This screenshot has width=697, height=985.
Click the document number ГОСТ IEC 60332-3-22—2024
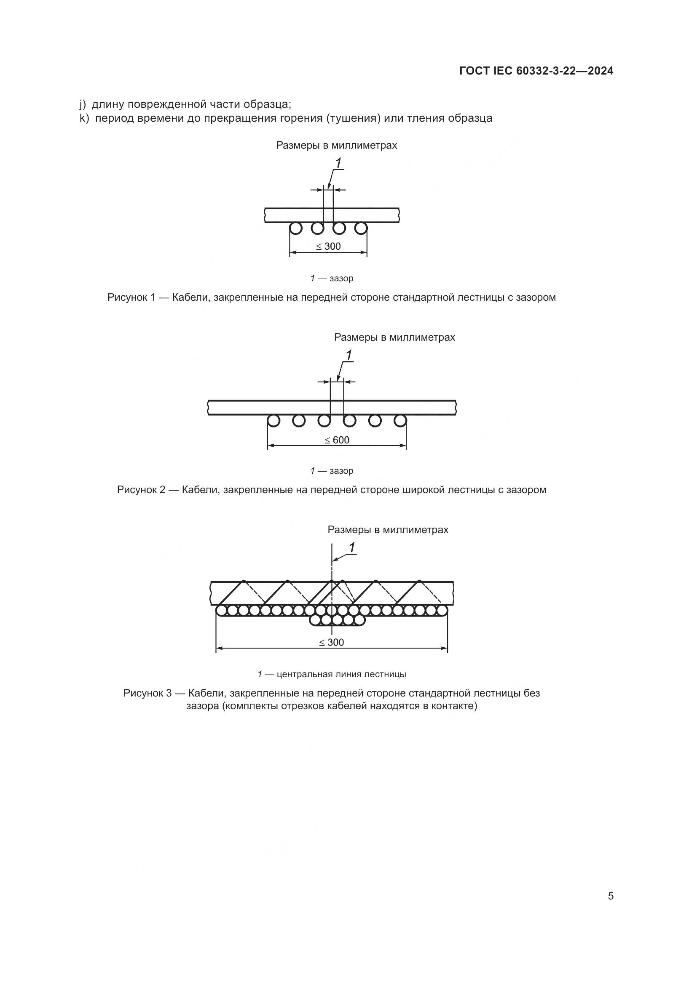coord(536,71)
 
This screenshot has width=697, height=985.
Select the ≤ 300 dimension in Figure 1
coord(329,246)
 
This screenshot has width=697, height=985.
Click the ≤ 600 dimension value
coord(337,440)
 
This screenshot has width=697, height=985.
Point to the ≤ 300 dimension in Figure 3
coord(332,642)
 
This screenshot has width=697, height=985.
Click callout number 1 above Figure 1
coord(338,163)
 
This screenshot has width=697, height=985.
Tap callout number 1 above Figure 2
coord(348,355)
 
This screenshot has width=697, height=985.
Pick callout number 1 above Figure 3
coord(352,548)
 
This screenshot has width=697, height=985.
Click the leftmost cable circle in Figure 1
coord(295,228)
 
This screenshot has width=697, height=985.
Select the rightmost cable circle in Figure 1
coord(361,228)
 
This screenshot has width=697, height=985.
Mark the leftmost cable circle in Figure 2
coord(273,421)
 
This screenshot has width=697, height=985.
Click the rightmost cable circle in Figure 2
coord(400,421)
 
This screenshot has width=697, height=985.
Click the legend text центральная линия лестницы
coord(341,674)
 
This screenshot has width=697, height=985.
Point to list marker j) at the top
coord(83,104)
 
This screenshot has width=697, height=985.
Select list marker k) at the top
coord(83,118)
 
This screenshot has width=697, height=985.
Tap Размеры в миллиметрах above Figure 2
coord(394,337)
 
